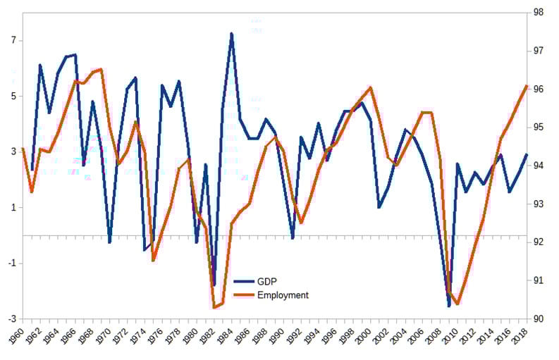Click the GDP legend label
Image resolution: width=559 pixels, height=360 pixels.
point(267,281)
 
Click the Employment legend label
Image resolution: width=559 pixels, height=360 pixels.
point(283,295)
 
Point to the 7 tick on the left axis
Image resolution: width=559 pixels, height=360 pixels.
point(12,41)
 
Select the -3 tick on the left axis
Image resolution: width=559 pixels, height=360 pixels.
point(11,318)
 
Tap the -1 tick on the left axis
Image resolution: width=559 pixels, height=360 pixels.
point(11,263)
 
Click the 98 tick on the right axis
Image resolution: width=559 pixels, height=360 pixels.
point(538,13)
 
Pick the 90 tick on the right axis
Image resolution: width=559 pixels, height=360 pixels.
point(538,318)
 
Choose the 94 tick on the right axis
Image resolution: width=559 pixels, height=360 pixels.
point(538,166)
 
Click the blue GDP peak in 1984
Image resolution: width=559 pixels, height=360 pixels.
point(232,34)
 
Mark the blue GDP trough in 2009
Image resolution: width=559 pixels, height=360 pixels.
point(448,306)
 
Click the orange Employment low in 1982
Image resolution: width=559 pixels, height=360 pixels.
point(214,307)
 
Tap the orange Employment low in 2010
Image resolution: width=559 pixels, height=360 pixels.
point(457,304)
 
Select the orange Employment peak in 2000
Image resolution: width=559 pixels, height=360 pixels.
point(371,87)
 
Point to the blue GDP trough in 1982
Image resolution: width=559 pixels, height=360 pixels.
point(214,285)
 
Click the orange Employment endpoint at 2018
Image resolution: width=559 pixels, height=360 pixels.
point(527,86)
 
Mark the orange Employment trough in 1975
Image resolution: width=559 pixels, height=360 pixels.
point(153,261)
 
